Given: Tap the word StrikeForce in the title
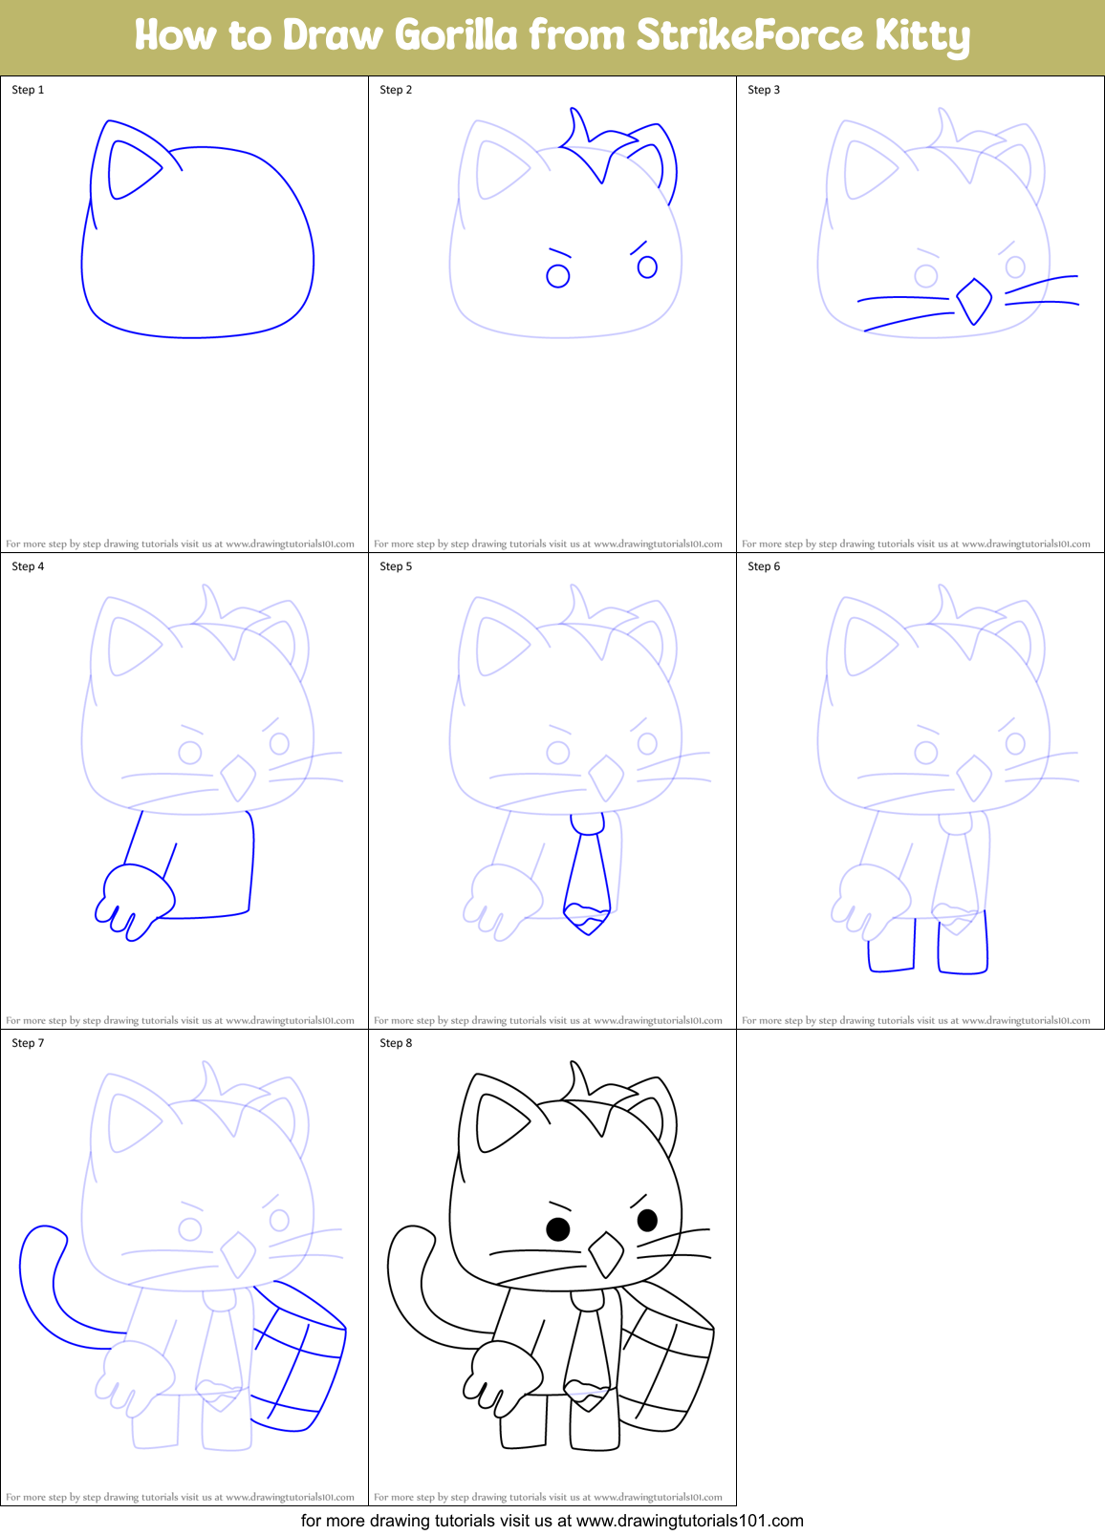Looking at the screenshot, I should [749, 35].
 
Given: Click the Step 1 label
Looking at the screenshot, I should [28, 90].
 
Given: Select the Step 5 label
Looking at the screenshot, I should [396, 566].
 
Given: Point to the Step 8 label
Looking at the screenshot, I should [396, 1043].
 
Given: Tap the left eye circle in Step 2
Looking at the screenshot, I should [557, 276].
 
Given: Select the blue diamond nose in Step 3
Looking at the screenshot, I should [974, 301].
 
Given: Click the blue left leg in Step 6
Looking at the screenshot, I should [891, 946].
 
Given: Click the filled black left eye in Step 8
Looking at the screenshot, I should [558, 1229].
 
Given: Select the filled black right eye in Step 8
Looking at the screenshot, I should [647, 1220].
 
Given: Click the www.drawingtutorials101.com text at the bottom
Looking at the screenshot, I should [689, 1521].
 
